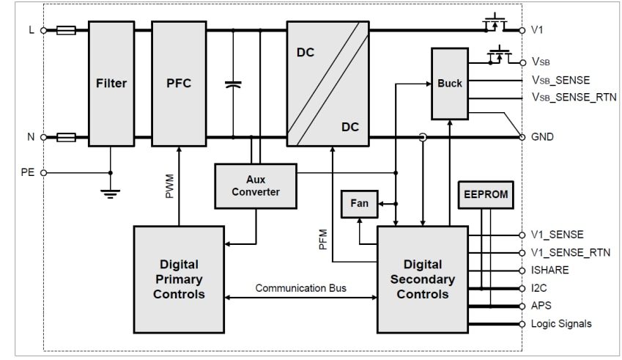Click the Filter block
point(111,83)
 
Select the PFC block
point(178,83)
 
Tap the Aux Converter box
point(256,185)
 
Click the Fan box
point(359,203)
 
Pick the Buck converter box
point(450,84)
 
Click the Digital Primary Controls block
point(178,278)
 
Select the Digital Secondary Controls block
point(422,278)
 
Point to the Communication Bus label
point(300,288)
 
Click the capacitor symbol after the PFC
point(233,85)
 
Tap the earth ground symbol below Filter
point(111,194)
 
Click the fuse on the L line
point(66,31)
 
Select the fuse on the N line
point(66,137)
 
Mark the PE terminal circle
point(43,173)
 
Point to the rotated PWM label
point(169,185)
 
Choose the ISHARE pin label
point(549,270)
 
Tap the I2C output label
point(539,288)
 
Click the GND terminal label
point(542,137)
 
